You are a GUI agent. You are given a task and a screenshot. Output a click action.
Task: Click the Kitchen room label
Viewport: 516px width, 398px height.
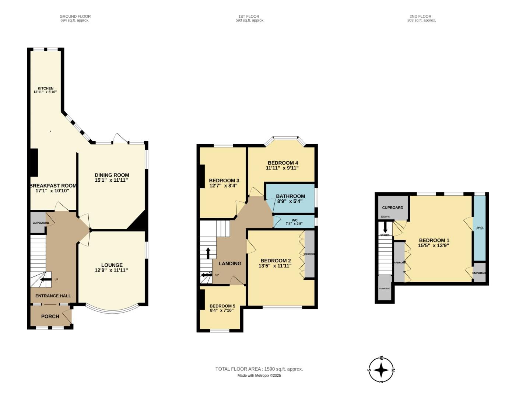[45, 88]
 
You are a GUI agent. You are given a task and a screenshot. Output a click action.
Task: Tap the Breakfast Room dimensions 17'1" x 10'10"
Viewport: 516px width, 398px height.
[50, 191]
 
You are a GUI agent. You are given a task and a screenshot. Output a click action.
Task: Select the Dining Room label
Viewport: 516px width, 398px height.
[112, 175]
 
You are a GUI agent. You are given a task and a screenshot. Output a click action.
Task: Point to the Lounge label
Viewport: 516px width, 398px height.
[112, 265]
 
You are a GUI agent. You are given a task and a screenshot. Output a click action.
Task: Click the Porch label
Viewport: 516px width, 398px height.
[50, 316]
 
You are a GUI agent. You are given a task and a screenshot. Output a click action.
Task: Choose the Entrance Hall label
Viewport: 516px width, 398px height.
[53, 296]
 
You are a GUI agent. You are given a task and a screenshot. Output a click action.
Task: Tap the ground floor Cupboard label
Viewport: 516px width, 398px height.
[41, 223]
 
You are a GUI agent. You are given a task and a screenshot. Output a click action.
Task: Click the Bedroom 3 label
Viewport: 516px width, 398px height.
[224, 180]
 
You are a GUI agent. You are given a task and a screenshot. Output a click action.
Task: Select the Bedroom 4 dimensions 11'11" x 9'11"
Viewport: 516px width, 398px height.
[282, 168]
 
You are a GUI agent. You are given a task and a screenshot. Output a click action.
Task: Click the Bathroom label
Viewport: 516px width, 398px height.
[290, 196]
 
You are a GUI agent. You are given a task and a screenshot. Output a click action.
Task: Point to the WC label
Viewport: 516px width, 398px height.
[294, 220]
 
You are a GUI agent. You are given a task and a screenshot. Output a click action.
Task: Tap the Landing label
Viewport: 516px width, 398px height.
[230, 263]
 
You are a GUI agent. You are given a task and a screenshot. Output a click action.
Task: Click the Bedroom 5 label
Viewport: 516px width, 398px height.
[222, 306]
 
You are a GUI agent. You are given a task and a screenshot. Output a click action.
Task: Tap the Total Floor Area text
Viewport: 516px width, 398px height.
[259, 369]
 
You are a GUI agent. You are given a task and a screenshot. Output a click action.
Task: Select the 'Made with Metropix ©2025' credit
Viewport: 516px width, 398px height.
[259, 376]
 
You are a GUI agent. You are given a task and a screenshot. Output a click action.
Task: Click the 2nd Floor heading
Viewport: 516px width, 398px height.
[420, 16]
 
